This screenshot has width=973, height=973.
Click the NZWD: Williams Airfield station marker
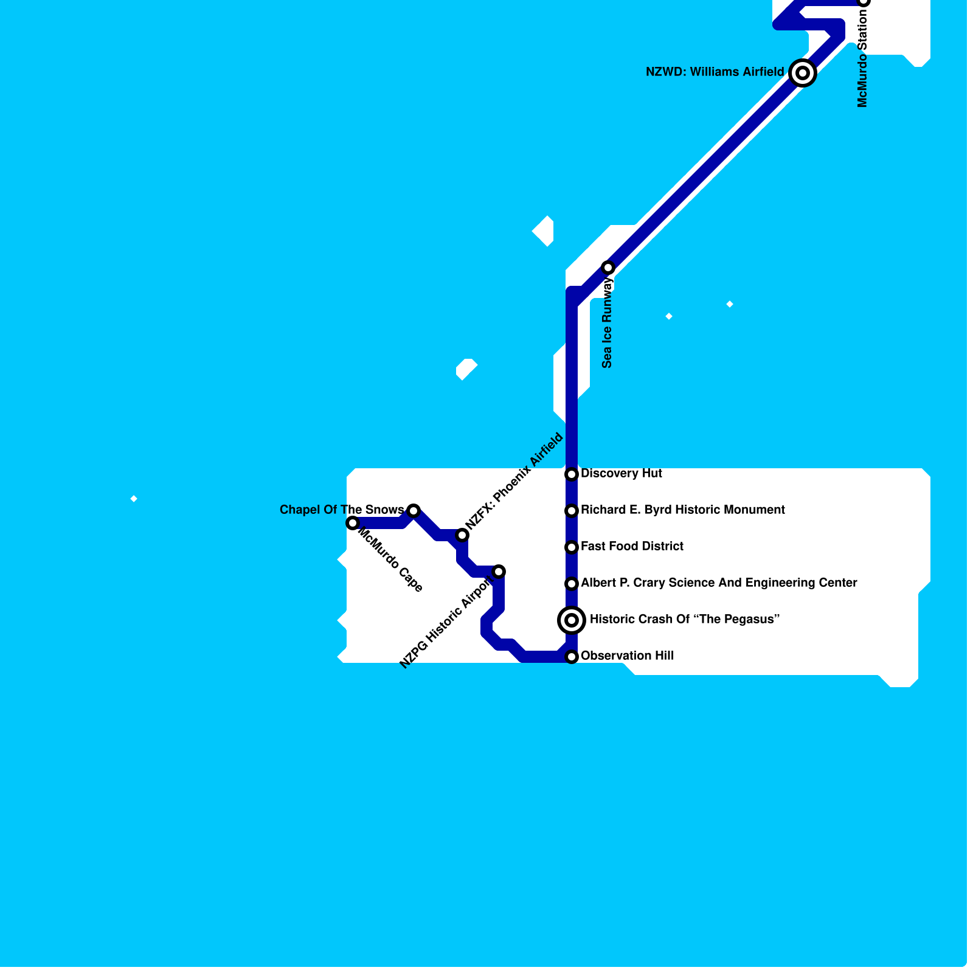(803, 73)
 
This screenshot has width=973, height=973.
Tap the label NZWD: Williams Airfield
(715, 72)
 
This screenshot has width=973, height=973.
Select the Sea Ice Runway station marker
(608, 268)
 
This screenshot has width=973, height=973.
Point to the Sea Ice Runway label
(607, 323)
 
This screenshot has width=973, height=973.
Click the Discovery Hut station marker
(572, 474)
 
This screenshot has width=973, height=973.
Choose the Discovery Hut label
(621, 474)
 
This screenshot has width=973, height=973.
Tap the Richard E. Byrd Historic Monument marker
(572, 511)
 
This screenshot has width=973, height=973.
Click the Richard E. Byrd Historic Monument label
(682, 510)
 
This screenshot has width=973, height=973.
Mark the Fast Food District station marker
(572, 547)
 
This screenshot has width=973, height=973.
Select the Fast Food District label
(632, 547)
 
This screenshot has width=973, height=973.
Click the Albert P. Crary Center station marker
(572, 584)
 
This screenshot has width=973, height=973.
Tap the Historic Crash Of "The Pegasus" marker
(572, 620)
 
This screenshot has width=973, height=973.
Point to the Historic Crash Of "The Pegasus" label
(684, 620)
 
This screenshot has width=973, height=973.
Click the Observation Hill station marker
(572, 657)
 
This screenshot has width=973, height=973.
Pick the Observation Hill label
(627, 656)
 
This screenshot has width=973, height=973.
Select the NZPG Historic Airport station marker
(499, 572)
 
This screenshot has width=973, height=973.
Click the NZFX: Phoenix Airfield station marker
(462, 535)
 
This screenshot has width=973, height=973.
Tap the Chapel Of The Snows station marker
(414, 511)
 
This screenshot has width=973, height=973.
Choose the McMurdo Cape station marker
(353, 523)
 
